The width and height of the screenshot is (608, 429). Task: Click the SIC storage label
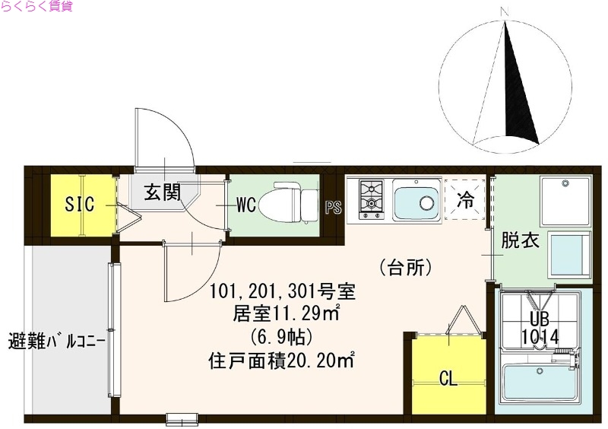point(79,205)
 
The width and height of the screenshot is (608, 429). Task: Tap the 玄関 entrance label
point(163,192)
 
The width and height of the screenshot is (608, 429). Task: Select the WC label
point(245,205)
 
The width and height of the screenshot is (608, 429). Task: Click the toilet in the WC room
point(289,203)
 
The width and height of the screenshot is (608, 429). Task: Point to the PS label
point(333,208)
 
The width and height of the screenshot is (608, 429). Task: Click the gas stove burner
point(371,196)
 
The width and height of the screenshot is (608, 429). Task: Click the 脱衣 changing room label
point(520,240)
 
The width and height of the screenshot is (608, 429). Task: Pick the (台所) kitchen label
point(406,267)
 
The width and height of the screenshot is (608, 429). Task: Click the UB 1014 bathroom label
point(540,328)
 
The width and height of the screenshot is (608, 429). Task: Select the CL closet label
point(449,378)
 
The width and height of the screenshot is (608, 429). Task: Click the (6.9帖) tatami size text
point(281,336)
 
